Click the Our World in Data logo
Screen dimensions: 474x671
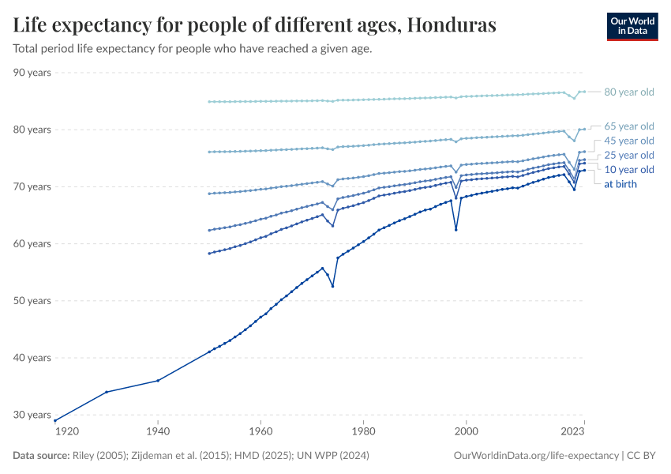[632, 26]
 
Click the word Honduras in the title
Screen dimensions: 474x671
[449, 25]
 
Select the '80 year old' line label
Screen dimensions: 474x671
[628, 92]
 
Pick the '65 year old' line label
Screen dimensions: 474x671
[628, 126]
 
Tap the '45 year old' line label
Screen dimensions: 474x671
[628, 141]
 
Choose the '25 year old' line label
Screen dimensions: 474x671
[628, 155]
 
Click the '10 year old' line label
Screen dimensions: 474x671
[628, 170]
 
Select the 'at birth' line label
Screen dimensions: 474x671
[620, 184]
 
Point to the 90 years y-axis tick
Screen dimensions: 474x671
[32, 73]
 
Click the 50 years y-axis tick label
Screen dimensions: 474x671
[32, 301]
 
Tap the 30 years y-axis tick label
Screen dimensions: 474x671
[32, 415]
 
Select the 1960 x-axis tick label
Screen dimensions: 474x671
[261, 431]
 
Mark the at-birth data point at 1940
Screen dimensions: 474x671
[158, 381]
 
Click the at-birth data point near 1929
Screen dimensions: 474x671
[106, 392]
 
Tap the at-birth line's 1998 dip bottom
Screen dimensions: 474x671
[456, 230]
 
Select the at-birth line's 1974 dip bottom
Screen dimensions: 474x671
[333, 286]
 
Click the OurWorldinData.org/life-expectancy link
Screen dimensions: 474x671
[537, 456]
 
